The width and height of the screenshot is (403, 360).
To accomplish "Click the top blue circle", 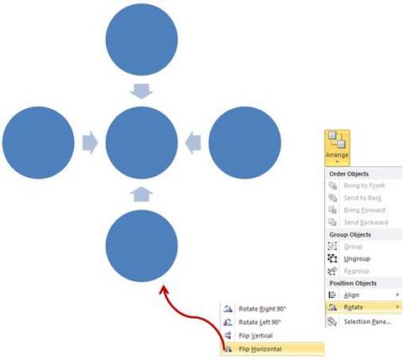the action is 142,39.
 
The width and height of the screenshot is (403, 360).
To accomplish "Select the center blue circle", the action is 142,143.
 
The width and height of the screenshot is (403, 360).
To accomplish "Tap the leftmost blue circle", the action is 39,143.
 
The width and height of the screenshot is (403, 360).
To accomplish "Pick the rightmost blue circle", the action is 245,143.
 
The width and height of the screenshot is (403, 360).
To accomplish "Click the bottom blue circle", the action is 142,246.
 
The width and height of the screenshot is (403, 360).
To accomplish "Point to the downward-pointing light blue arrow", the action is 142,91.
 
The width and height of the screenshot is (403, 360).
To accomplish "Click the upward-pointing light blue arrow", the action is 142,194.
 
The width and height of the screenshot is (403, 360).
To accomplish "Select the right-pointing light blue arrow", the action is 90,143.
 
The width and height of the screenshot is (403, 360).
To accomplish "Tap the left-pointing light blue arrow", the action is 193,143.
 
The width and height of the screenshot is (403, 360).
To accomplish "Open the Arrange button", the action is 338,148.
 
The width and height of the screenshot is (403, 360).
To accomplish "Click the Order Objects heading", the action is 348,174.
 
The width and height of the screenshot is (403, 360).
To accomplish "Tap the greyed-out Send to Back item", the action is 364,198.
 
